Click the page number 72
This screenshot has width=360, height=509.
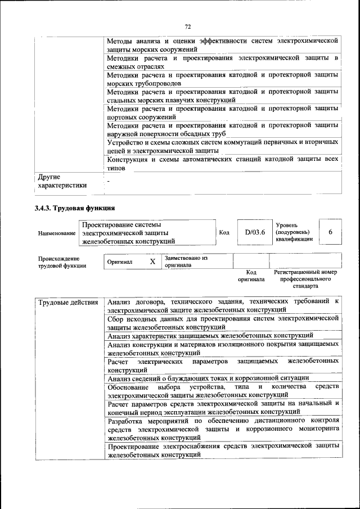pos(188,26)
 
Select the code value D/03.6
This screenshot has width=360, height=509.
pos(254,232)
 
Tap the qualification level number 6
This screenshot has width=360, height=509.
pos(330,232)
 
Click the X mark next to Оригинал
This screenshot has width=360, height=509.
pos(152,262)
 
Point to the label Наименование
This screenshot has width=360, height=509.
pos(56,233)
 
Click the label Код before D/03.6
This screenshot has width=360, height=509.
pos(224,232)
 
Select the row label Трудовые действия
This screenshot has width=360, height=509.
pos(68,303)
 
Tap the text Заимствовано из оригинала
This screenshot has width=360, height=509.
pos(186,262)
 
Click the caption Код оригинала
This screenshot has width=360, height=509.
pos(251,276)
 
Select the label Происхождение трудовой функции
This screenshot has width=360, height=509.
pos(62,262)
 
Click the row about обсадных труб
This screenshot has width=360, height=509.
pos(223,129)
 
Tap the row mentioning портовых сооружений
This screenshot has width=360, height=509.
pos(223,112)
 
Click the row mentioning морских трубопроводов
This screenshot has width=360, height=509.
pos(223,79)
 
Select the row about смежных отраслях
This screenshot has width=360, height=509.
pos(223,62)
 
